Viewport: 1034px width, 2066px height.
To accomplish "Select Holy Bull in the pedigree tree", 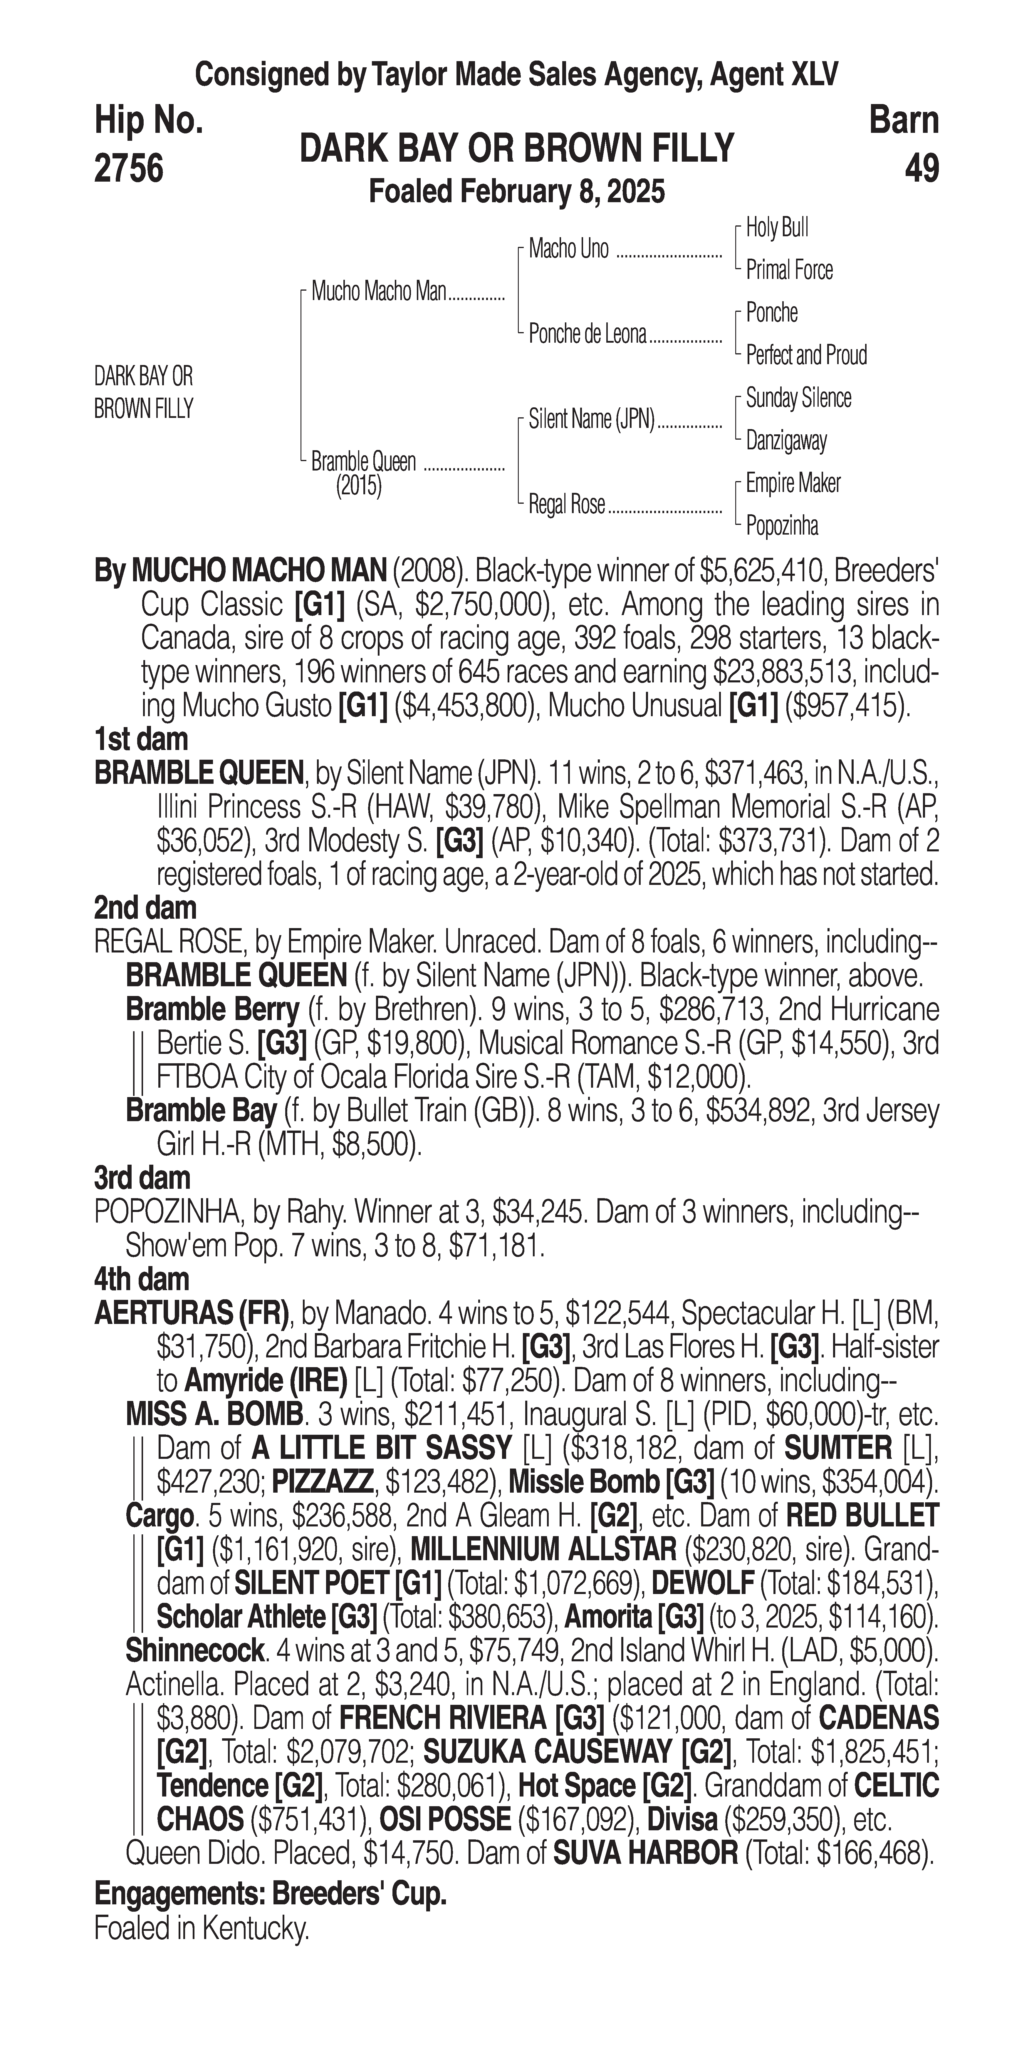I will pyautogui.click(x=777, y=228).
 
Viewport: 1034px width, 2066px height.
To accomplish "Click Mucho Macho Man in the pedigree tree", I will pyautogui.click(x=378, y=291).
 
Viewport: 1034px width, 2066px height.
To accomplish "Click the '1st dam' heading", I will pyautogui.click(x=141, y=739).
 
